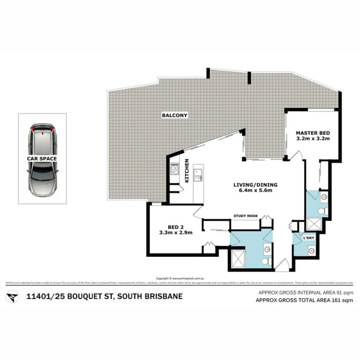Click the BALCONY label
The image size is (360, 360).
click(x=175, y=116)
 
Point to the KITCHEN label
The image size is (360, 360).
click(x=187, y=171)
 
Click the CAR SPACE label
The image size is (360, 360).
click(x=42, y=159)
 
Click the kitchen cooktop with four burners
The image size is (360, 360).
click(x=175, y=169)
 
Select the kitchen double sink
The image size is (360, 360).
click(x=199, y=175)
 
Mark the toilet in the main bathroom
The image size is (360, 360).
click(x=266, y=261)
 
